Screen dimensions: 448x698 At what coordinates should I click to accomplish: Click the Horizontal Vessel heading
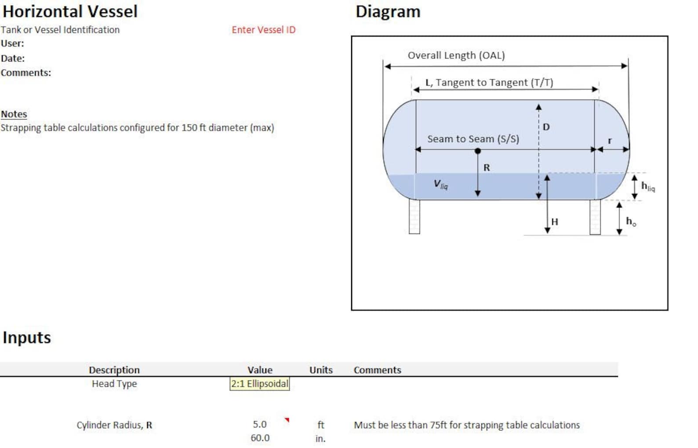(x=70, y=11)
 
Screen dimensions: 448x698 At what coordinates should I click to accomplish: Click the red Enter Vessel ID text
(x=264, y=30)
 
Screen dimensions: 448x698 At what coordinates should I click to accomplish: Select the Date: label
(x=13, y=58)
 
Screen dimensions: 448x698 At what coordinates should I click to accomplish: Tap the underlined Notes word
(x=14, y=114)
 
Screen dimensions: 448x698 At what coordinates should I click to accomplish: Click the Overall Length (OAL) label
(x=456, y=55)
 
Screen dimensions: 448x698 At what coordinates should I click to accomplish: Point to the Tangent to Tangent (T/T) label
(x=489, y=83)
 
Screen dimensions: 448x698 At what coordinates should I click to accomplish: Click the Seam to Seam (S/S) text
(x=473, y=139)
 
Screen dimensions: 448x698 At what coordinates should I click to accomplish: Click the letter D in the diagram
(x=546, y=127)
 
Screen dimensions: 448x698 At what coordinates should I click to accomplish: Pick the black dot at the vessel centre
(x=478, y=151)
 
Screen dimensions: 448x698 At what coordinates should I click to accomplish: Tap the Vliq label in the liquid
(x=440, y=184)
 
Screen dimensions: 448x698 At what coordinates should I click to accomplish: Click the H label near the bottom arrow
(x=555, y=222)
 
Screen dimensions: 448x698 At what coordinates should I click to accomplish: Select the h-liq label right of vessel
(x=647, y=186)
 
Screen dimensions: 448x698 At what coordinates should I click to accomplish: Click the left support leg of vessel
(x=414, y=216)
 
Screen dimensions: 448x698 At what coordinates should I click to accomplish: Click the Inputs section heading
(x=27, y=338)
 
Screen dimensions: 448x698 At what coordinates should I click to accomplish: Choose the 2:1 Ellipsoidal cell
(x=260, y=384)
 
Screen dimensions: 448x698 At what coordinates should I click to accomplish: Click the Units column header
(x=321, y=370)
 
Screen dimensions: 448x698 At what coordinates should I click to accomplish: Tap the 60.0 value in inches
(x=260, y=438)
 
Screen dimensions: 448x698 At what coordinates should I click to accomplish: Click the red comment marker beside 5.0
(x=287, y=420)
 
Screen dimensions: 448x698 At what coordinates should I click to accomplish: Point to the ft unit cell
(x=321, y=425)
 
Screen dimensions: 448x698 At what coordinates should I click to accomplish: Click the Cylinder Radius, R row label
(x=114, y=425)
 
